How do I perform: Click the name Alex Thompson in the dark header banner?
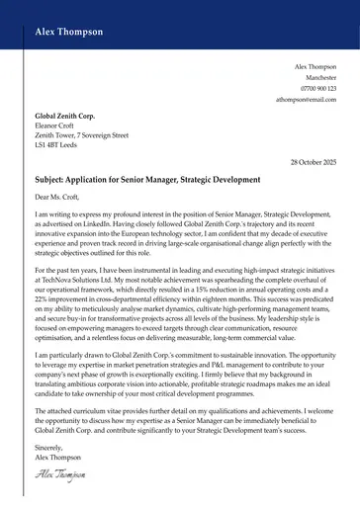(68, 32)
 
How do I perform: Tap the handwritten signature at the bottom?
(58, 476)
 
